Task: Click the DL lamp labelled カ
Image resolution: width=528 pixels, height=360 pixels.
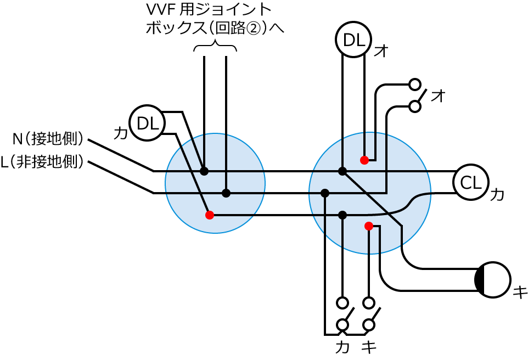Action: coord(147,123)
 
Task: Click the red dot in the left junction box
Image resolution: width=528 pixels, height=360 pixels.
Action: coord(209,215)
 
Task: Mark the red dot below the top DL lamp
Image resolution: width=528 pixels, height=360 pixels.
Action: coord(364,160)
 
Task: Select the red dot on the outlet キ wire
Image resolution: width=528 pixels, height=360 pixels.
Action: coord(369,226)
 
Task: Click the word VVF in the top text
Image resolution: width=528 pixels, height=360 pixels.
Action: coord(160,9)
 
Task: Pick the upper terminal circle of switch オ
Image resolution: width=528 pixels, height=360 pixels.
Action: coord(415,85)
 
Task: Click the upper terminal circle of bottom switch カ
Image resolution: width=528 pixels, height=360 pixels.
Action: coord(342,302)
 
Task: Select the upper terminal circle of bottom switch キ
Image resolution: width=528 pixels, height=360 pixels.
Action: coord(369,302)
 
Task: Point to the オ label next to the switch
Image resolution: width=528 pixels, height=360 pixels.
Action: coord(437,95)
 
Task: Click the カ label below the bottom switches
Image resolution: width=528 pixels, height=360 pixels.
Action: coord(342,347)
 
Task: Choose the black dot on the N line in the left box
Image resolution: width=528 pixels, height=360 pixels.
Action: coord(204,171)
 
